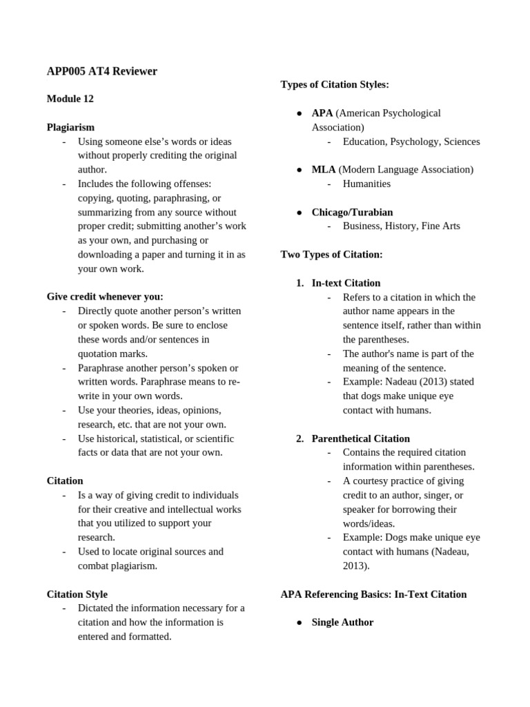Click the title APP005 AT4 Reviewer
(102, 71)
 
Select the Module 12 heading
(70, 99)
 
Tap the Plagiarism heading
(70, 127)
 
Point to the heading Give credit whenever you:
(105, 297)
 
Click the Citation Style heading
(77, 594)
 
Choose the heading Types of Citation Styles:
(335, 84)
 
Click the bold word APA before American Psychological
(322, 113)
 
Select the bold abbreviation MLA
(324, 169)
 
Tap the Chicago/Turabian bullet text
(352, 212)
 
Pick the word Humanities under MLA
(366, 184)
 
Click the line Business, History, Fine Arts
(401, 226)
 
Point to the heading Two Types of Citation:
(331, 254)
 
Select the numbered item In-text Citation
(346, 283)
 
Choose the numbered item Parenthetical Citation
(360, 438)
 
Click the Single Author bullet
(342, 622)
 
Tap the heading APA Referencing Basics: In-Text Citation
(373, 594)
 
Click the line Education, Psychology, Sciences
(411, 142)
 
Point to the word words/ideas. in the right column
(369, 523)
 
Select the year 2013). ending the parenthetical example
(356, 565)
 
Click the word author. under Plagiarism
(92, 169)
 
